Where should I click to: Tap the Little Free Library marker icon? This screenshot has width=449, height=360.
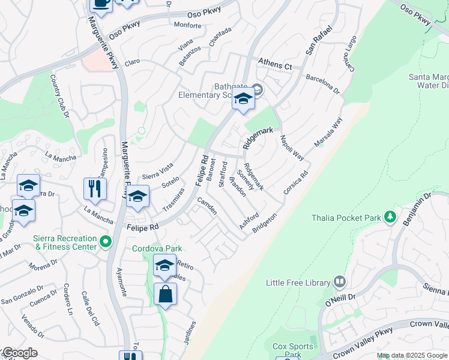[339, 281]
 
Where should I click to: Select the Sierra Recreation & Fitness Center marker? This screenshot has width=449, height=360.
[106, 242]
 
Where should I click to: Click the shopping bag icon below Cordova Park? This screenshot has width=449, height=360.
[165, 295]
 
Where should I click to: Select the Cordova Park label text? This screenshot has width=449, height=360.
[157, 248]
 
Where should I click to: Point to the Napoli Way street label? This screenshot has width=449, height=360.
[292, 147]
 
